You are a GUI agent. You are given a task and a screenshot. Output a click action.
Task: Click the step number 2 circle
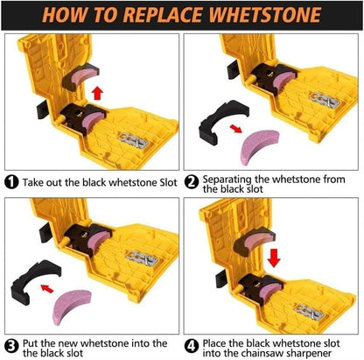click(191, 183)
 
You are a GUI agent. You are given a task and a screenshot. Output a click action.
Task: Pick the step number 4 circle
click(191, 343)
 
